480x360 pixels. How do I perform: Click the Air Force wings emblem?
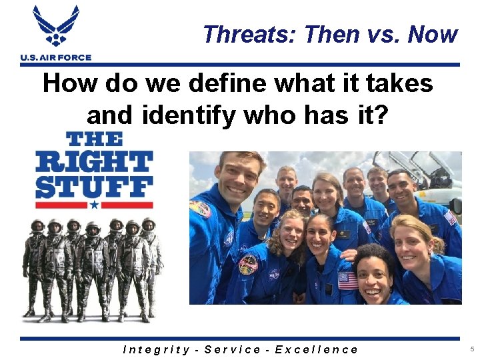[x=56, y=27]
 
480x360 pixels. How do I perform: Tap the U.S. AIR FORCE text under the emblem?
[x=56, y=58]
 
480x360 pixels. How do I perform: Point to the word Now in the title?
[x=433, y=34]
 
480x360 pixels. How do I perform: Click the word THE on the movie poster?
[x=94, y=139]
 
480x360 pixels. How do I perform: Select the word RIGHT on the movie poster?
[x=94, y=161]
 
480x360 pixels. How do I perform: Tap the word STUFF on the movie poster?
[x=94, y=186]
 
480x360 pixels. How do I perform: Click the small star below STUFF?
[x=94, y=205]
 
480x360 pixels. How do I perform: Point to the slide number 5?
[x=471, y=349]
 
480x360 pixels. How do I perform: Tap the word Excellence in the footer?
[x=317, y=349]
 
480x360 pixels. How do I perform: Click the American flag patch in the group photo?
[x=348, y=281]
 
